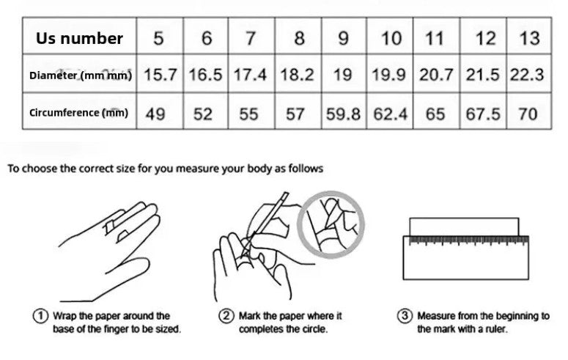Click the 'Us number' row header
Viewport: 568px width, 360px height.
tap(79, 38)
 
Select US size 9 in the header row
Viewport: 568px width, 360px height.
tap(343, 38)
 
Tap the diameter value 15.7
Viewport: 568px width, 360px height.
tap(160, 75)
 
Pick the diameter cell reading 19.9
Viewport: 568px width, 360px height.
tap(388, 75)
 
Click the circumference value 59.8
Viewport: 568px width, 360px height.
tap(343, 114)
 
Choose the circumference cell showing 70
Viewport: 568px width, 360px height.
tap(528, 114)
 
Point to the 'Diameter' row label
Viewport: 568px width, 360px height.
tap(53, 76)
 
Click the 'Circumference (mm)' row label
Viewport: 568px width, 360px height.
tap(78, 113)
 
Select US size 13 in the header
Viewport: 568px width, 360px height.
tap(529, 38)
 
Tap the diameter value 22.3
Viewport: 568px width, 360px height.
tap(527, 75)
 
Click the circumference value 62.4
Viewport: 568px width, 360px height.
tap(390, 114)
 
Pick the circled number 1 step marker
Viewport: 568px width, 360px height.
tap(40, 316)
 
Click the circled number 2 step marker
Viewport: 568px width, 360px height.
tap(226, 316)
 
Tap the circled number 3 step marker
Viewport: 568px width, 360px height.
tap(405, 316)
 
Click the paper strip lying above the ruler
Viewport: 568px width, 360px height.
tap(464, 227)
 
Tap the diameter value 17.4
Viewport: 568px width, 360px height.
tap(250, 75)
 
